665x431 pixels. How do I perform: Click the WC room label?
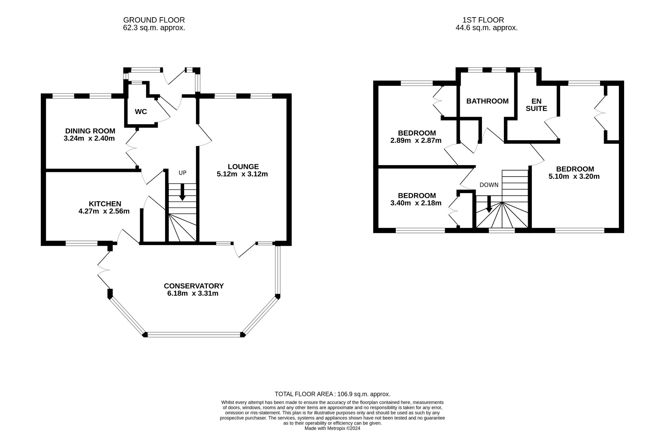[x=141, y=112]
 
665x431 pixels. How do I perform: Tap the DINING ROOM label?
[x=90, y=131]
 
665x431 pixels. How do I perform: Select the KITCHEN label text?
[x=105, y=204]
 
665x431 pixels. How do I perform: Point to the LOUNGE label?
[x=243, y=167]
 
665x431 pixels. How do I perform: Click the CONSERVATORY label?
[x=194, y=286]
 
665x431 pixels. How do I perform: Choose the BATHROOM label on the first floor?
[x=487, y=101]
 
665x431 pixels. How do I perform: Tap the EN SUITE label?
[x=536, y=105]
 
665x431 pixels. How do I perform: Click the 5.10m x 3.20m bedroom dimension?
[x=574, y=177]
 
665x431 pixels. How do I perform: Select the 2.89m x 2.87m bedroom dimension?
[x=416, y=141]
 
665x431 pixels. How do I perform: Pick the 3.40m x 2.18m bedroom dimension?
[x=416, y=203]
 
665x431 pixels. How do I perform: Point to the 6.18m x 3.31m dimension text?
[x=193, y=293]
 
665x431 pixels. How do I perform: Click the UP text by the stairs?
[x=182, y=173]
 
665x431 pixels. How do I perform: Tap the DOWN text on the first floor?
[x=489, y=185]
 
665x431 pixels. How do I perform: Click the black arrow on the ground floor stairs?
[x=182, y=192]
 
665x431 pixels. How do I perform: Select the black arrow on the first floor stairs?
[x=489, y=204]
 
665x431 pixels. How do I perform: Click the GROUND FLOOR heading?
[x=154, y=20]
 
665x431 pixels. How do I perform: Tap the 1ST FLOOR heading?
[x=483, y=20]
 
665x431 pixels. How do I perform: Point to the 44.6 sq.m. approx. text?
[x=487, y=28]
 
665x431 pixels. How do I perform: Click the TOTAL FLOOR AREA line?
[x=332, y=394]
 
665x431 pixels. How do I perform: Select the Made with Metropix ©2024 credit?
[x=332, y=428]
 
